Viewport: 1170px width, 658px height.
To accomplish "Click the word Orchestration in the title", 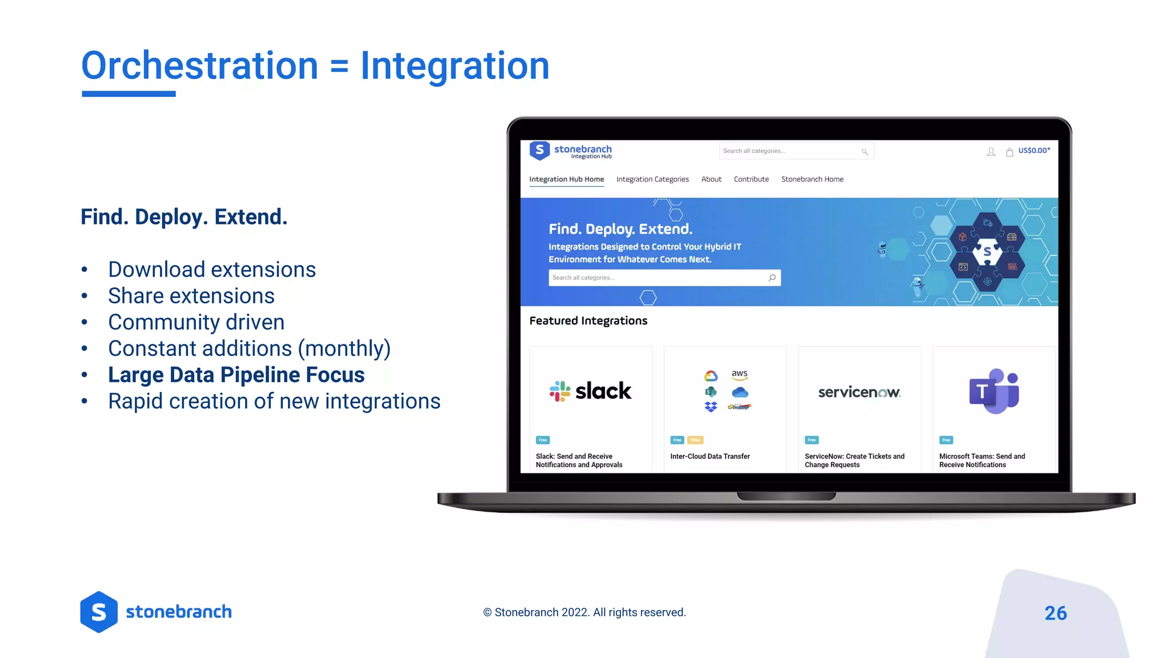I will click(x=199, y=66).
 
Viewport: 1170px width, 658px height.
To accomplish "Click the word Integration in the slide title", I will click(x=455, y=66).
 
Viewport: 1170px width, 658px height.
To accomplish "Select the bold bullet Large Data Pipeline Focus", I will click(x=236, y=375).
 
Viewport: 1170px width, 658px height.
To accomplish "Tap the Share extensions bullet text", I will click(x=191, y=296).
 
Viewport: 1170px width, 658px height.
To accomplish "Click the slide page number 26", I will click(x=1055, y=613).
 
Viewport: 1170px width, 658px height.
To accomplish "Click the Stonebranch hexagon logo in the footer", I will click(x=99, y=612).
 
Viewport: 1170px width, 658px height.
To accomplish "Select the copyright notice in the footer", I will click(x=584, y=612).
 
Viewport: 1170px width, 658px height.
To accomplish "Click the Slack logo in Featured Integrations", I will click(x=590, y=391).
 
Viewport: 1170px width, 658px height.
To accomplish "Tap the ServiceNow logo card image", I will click(x=859, y=392).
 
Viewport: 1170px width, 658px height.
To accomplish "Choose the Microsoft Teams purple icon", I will click(x=994, y=391).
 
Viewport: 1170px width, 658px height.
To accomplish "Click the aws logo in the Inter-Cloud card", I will click(x=740, y=375).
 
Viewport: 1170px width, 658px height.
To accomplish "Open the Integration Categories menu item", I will click(x=652, y=179).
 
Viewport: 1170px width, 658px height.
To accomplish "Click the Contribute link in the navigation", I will click(x=751, y=179).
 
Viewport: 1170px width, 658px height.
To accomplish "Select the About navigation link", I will click(x=711, y=179).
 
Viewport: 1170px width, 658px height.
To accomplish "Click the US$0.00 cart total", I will click(x=1034, y=151).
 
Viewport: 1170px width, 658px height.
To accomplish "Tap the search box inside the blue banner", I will click(x=657, y=278).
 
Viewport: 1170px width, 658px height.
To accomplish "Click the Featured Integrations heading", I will click(x=588, y=321).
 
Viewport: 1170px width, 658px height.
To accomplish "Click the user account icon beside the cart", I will click(x=991, y=151).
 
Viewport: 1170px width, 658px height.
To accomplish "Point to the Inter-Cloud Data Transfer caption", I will click(x=710, y=456).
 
